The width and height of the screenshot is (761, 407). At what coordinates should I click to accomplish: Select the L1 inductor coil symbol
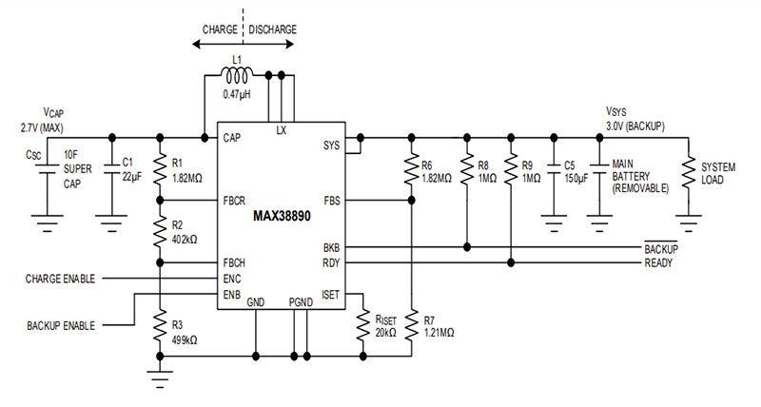tap(237, 74)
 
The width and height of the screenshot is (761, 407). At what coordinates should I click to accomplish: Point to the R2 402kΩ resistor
tap(160, 231)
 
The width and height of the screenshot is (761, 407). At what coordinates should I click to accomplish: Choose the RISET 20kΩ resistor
tap(362, 326)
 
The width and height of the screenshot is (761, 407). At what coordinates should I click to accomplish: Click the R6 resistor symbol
tap(411, 168)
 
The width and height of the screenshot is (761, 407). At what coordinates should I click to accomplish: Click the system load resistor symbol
tap(688, 172)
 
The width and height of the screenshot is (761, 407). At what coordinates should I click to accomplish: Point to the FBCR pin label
tap(237, 201)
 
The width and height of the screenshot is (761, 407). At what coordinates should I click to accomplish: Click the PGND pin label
tap(302, 301)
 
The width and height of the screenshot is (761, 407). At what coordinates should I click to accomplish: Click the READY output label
tap(662, 263)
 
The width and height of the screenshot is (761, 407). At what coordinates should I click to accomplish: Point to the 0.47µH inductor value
tap(237, 94)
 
